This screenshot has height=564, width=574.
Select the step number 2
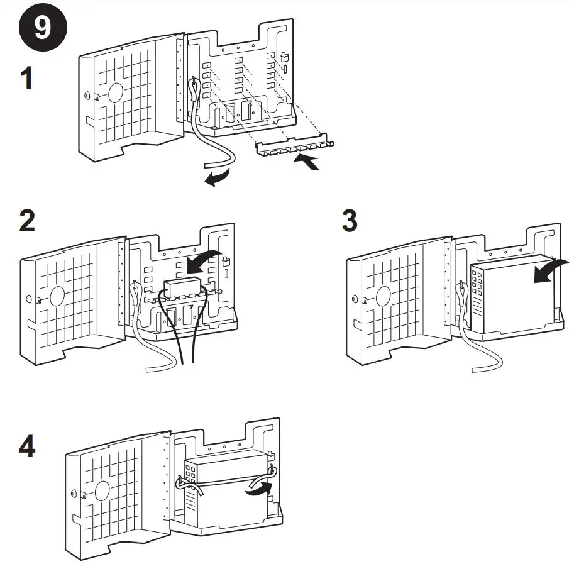pyautogui.click(x=26, y=222)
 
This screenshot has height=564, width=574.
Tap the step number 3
pyautogui.click(x=350, y=221)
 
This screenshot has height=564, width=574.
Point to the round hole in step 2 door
pyautogui.click(x=58, y=294)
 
